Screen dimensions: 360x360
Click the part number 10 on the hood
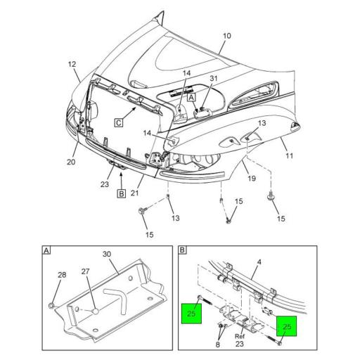(x=226, y=36)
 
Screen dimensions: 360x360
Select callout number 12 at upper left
(x=72, y=64)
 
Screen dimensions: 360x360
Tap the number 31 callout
(x=214, y=78)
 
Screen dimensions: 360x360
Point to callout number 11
(x=289, y=155)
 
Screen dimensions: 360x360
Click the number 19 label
(x=252, y=179)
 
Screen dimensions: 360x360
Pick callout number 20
(x=71, y=162)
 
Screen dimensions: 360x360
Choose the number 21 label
(x=134, y=193)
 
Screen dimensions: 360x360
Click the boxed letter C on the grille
(x=119, y=123)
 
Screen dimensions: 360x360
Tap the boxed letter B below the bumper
(x=122, y=194)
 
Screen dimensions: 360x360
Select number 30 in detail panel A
(x=107, y=254)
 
